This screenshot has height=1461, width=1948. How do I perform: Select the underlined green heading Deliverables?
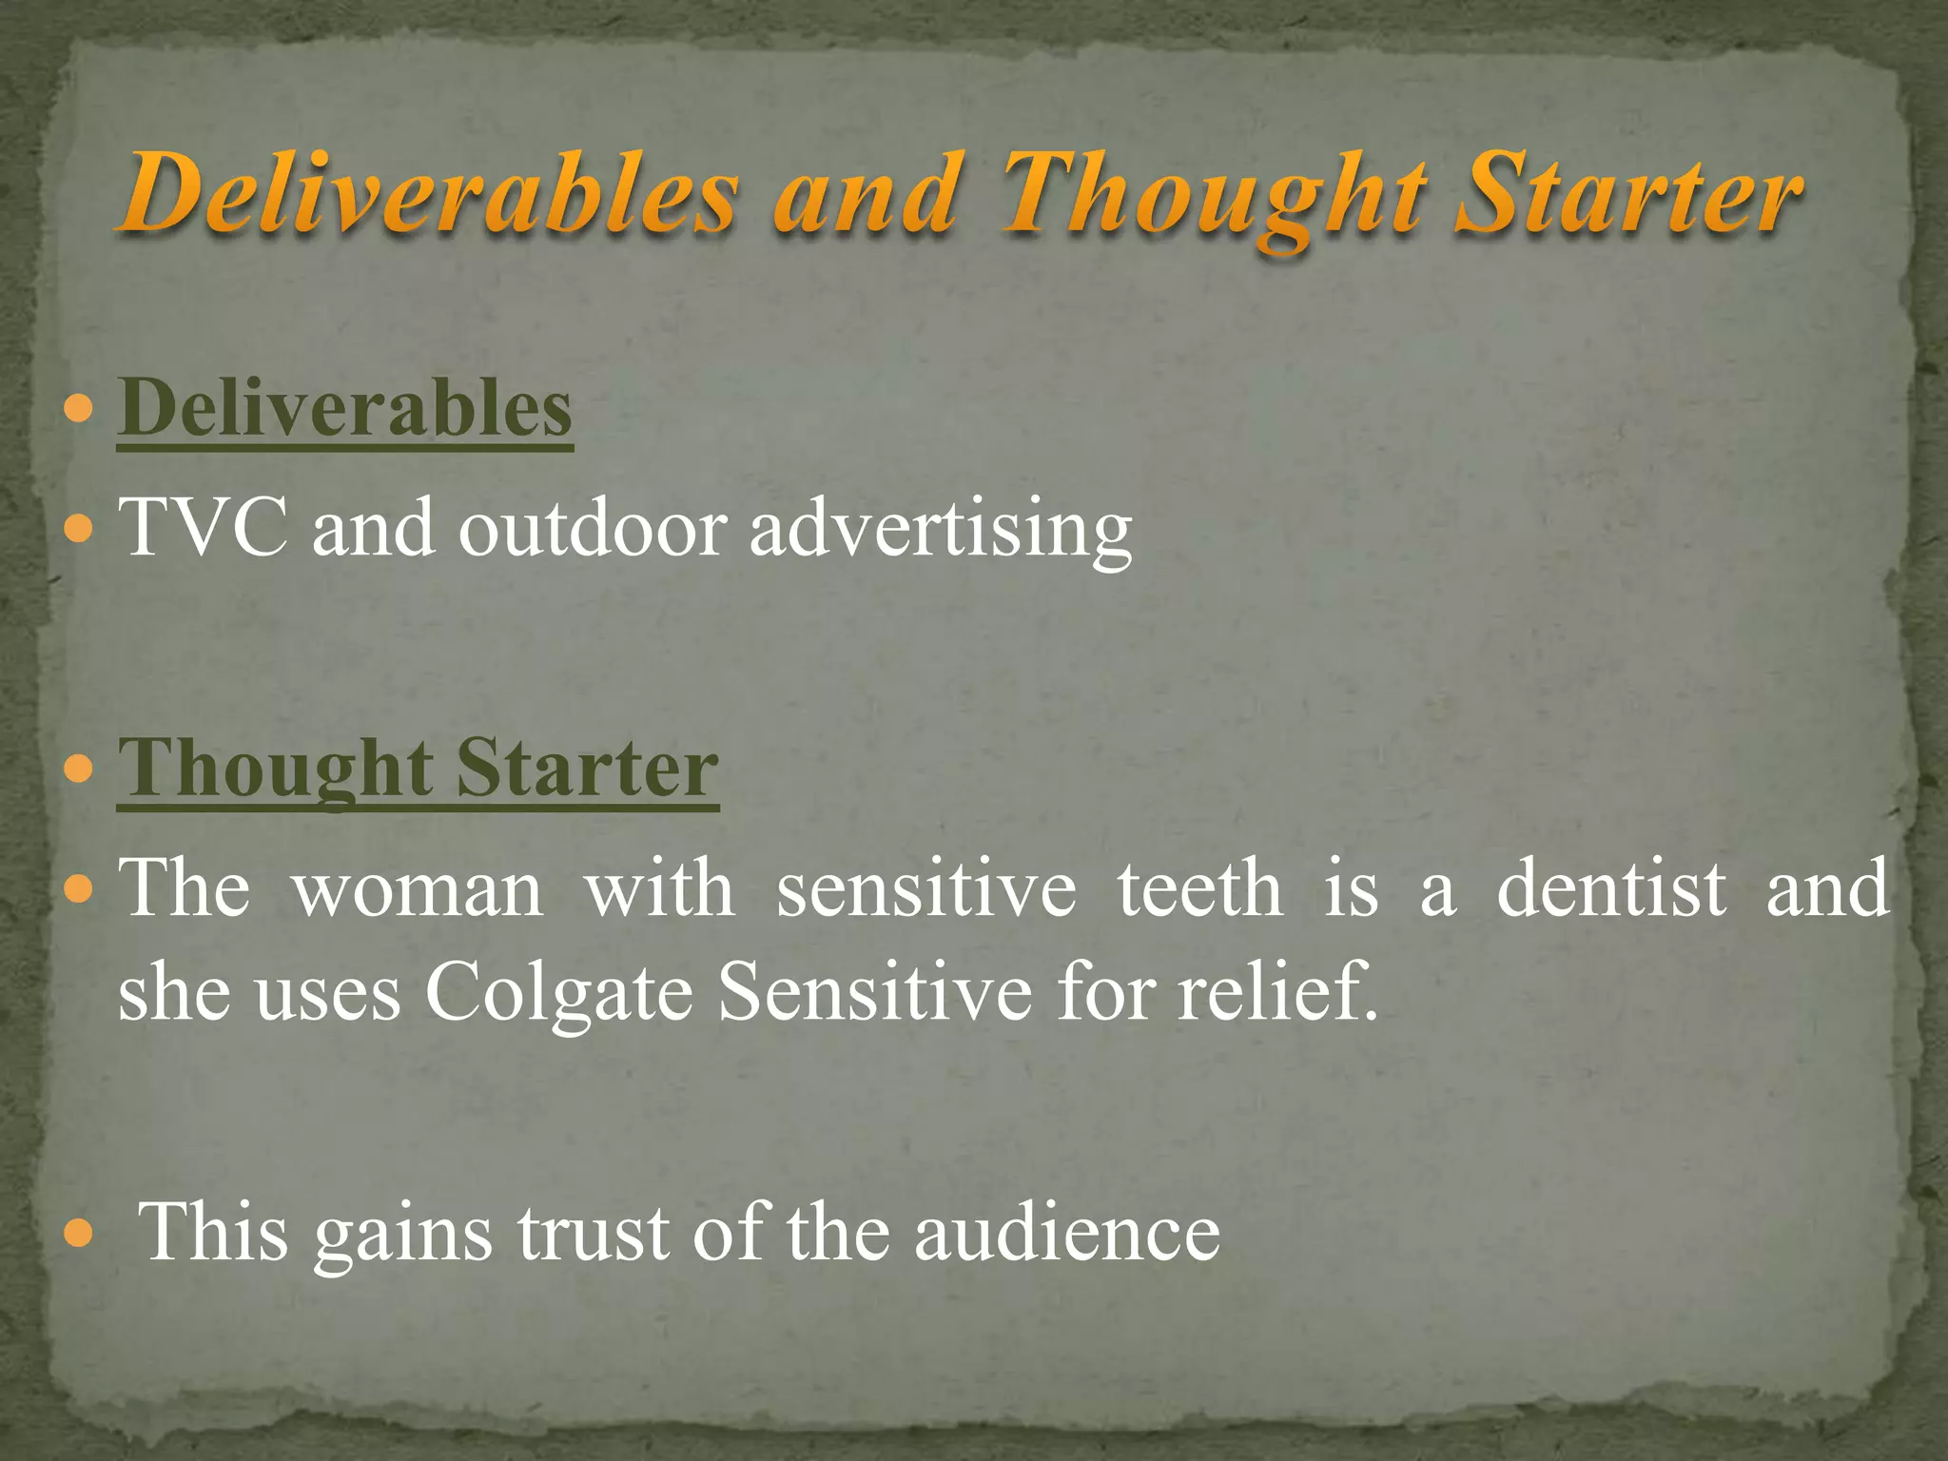(x=344, y=409)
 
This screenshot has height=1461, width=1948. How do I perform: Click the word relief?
(x=1276, y=991)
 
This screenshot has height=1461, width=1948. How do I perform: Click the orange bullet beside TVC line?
(x=81, y=528)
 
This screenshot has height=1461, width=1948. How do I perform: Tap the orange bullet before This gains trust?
(x=81, y=1235)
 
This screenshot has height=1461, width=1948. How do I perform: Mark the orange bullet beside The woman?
(x=81, y=890)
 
